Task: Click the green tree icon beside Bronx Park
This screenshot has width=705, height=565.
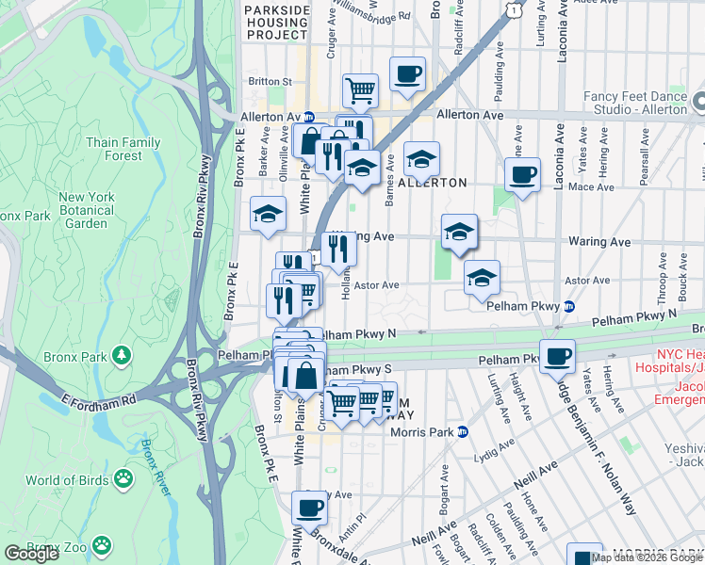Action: coord(121,355)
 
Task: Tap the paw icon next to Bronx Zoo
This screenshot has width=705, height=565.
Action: coord(101,545)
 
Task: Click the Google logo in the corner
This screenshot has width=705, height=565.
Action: coord(31,554)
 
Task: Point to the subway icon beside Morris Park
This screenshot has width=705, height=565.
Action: coord(463,432)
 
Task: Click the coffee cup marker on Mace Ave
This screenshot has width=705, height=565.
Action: coord(522,173)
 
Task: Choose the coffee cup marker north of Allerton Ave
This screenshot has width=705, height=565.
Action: coord(407,73)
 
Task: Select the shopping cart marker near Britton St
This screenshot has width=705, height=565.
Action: coord(360,90)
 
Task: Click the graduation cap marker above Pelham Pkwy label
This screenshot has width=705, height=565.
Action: coord(482,277)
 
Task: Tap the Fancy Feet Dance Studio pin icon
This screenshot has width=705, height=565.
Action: coord(697,101)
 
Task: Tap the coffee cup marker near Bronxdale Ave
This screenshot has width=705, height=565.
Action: coord(308,508)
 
